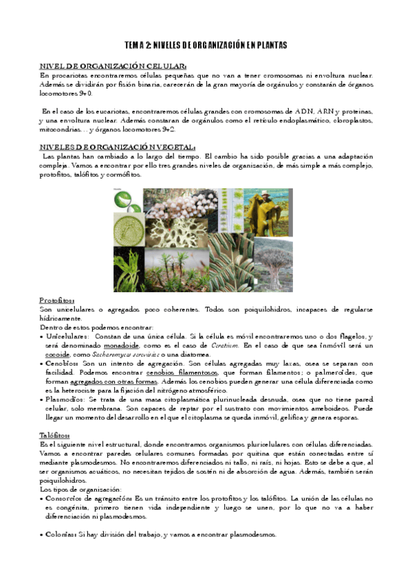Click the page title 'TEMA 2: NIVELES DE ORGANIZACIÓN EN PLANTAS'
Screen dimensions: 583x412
206,45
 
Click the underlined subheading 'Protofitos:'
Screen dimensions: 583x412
57,300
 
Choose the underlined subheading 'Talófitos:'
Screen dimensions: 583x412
55,436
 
